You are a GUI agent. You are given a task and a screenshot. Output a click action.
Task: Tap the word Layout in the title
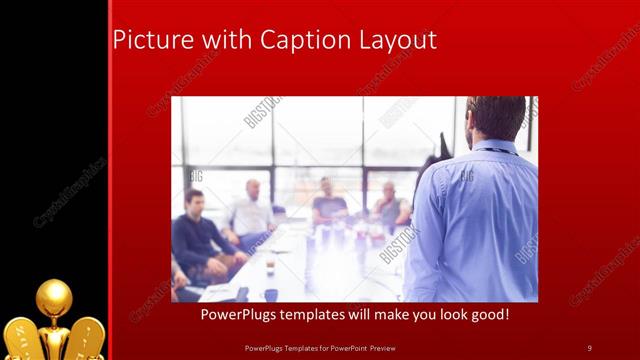(x=395, y=41)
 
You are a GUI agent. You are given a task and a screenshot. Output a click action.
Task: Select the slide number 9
(x=589, y=347)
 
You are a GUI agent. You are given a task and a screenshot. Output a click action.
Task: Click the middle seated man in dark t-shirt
(x=326, y=203)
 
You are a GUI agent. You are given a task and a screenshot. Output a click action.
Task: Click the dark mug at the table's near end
(x=271, y=294)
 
